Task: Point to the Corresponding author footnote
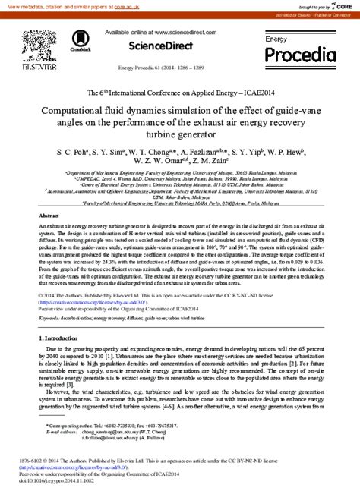point(72,427)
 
